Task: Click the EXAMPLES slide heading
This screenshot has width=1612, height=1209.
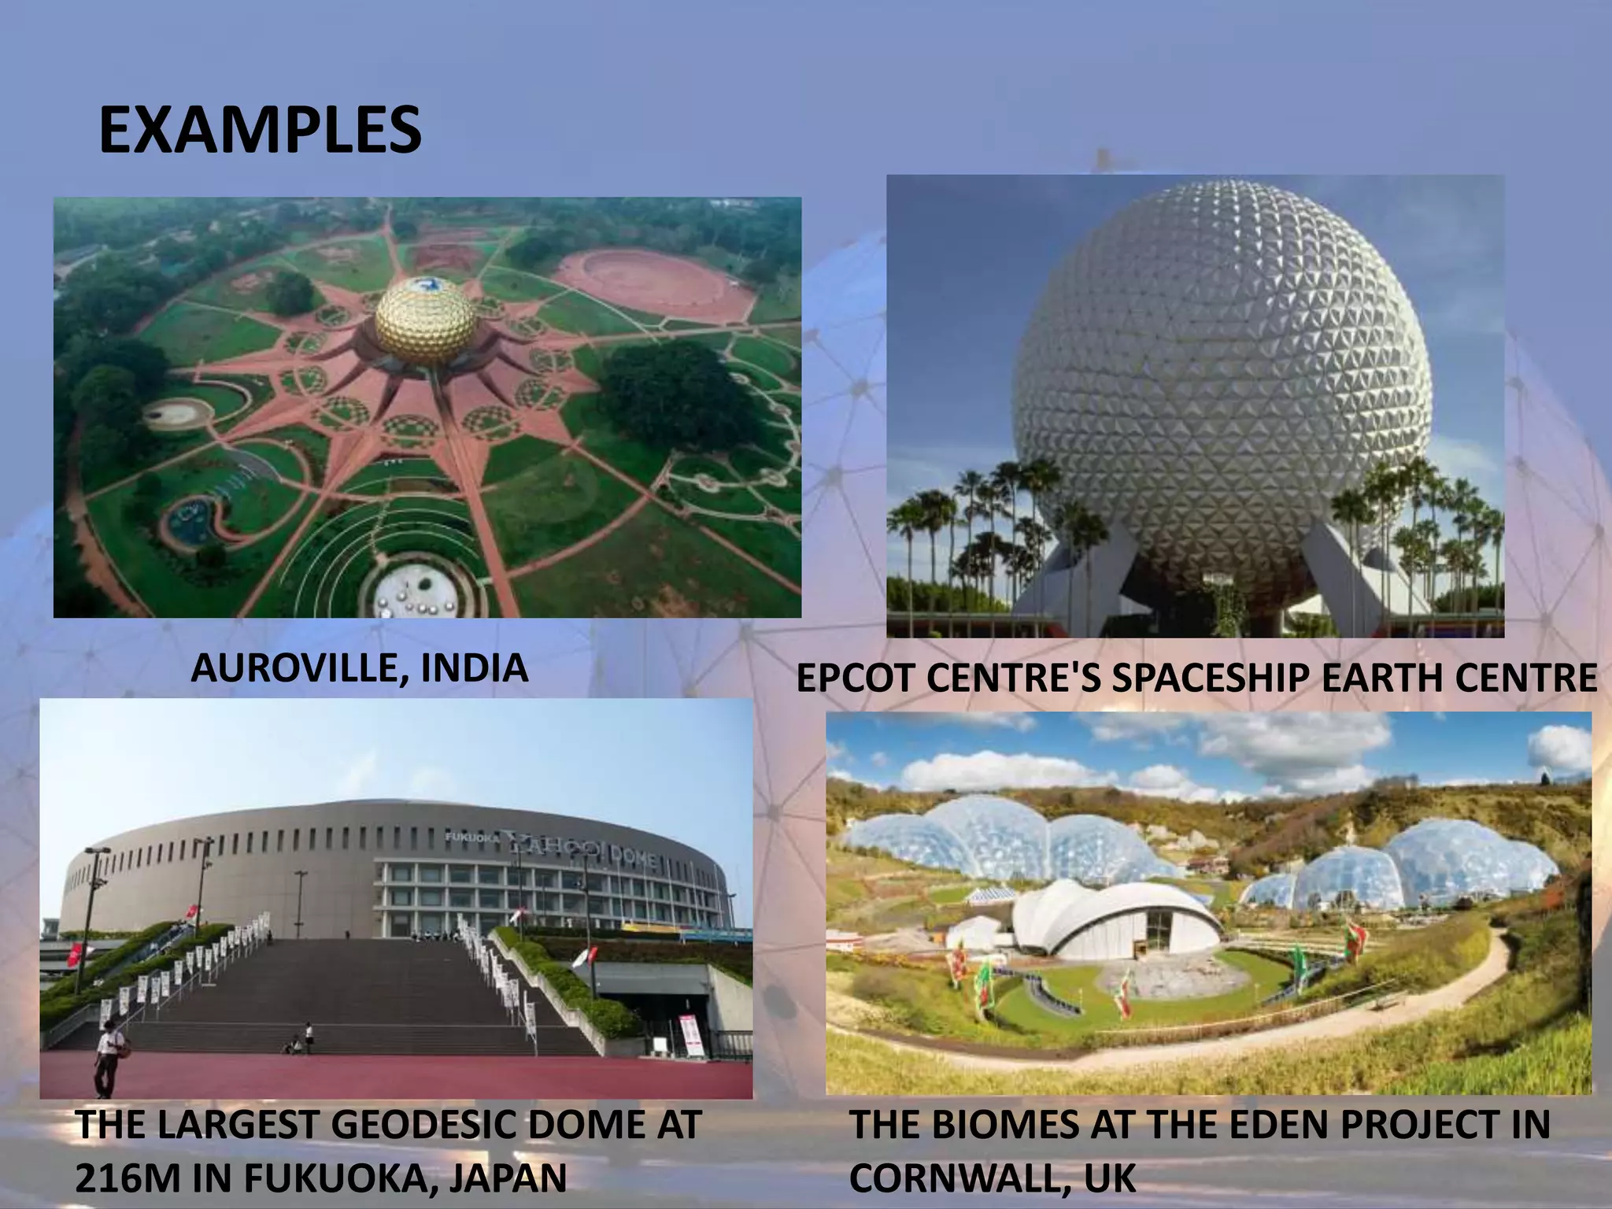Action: pyautogui.click(x=260, y=131)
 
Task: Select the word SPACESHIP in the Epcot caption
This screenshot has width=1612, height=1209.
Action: pyautogui.click(x=1212, y=678)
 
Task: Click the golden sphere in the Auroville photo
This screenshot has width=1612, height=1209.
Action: pyautogui.click(x=425, y=319)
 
